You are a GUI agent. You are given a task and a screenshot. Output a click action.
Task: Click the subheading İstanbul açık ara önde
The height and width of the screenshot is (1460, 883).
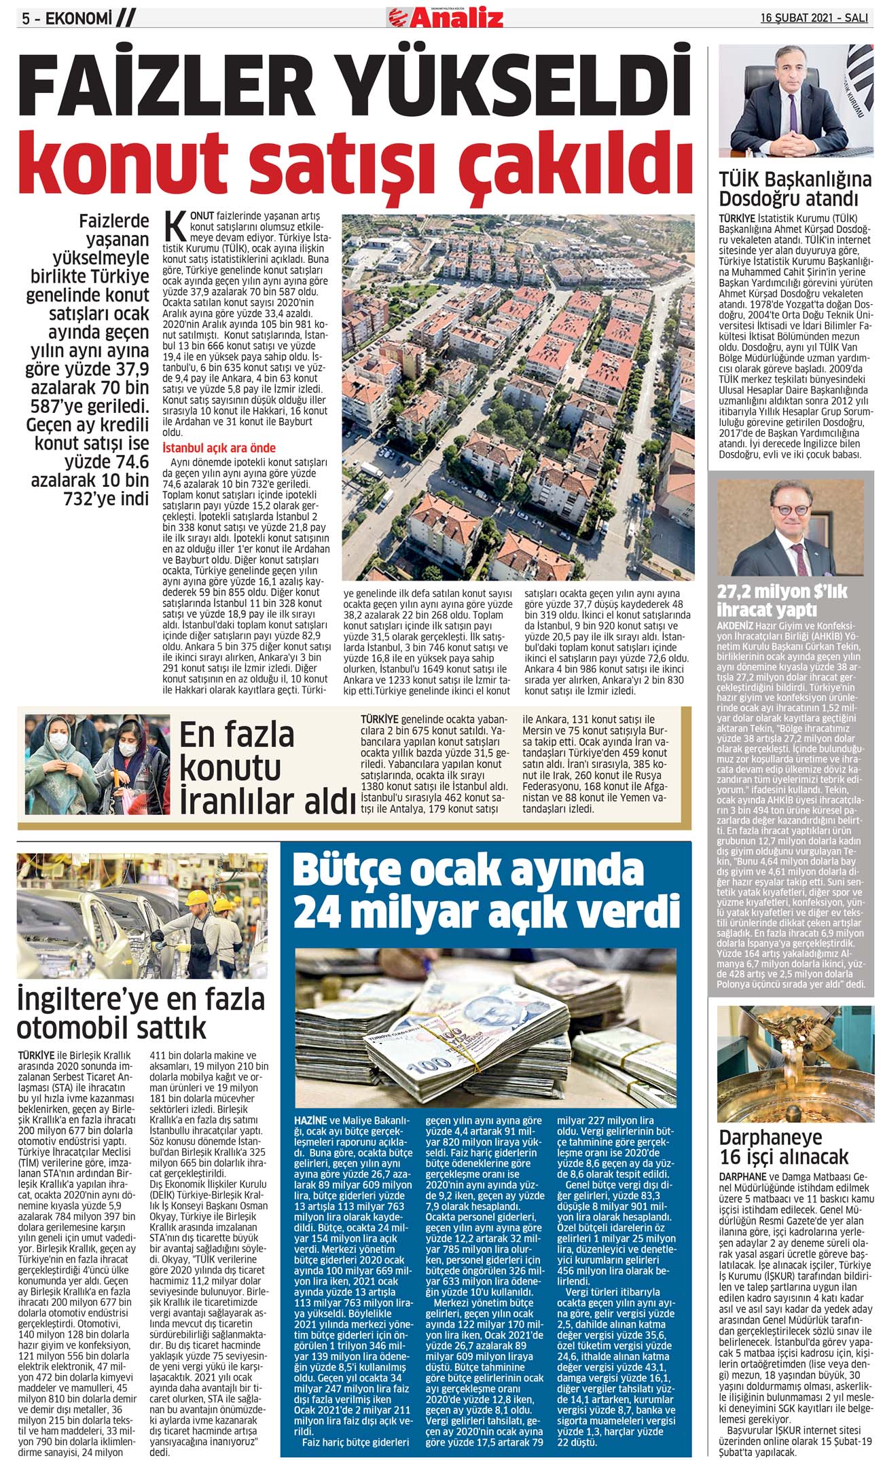(x=219, y=448)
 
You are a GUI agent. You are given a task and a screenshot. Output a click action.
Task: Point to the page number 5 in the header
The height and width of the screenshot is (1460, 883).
(x=26, y=19)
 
